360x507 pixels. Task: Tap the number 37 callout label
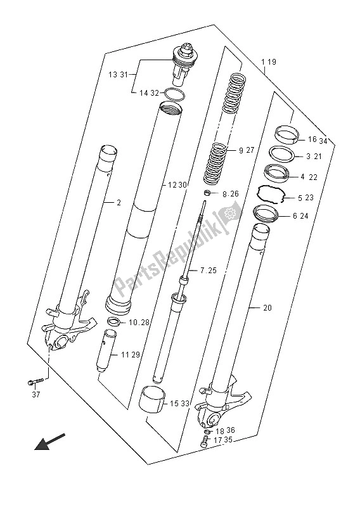click(36, 394)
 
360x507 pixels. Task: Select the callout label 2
click(119, 203)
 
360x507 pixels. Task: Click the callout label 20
click(267, 307)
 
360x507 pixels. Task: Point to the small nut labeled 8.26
click(208, 193)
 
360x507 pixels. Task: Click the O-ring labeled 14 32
click(175, 94)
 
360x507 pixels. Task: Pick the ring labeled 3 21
click(283, 153)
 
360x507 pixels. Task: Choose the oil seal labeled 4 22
click(276, 172)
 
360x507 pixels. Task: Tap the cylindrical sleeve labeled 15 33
click(152, 400)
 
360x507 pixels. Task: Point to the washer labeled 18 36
click(208, 432)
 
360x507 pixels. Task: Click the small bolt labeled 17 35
click(205, 441)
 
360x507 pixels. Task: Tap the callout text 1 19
click(269, 61)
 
